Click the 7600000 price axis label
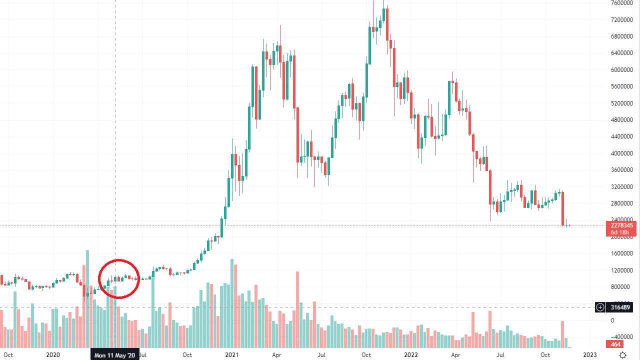pos(620,3)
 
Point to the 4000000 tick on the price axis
pos(620,153)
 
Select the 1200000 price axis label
pos(620,270)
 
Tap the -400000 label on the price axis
pos(620,336)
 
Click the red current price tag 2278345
pos(621,225)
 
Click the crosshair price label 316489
pos(621,307)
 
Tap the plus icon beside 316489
pos(600,307)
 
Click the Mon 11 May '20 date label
pos(115,355)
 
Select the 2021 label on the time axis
pos(231,355)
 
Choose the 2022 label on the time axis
pos(410,355)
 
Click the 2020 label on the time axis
pos(53,355)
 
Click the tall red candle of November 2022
pos(562,207)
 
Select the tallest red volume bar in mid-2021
pos(297,310)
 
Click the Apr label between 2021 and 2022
pos(276,355)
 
